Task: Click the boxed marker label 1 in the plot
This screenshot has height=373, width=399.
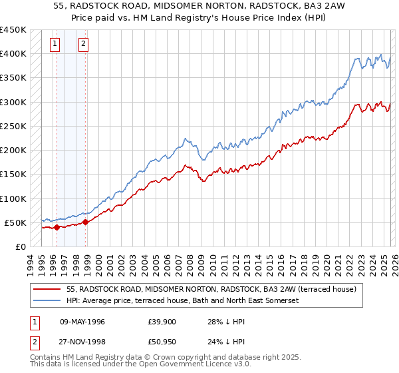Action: click(55, 45)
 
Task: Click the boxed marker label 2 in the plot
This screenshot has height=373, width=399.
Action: click(84, 45)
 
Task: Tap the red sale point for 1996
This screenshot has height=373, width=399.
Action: click(57, 227)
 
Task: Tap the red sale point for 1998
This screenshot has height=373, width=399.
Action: click(86, 222)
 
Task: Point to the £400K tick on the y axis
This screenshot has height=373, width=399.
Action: click(13, 54)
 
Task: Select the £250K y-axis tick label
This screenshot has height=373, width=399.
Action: click(13, 126)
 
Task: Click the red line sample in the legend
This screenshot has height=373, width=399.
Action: click(47, 290)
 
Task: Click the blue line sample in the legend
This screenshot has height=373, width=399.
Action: click(47, 301)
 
